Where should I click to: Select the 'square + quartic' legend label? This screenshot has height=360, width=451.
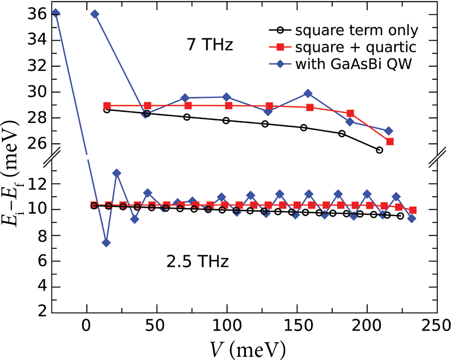(x=355, y=47)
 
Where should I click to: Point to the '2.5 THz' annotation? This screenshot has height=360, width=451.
(x=197, y=262)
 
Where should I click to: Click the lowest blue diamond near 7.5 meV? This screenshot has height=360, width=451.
(x=106, y=242)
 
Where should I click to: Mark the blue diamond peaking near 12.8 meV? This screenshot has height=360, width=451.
(x=117, y=173)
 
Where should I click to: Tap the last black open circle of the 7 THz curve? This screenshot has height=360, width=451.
(x=379, y=150)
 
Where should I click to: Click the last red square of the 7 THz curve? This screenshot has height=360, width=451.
(x=390, y=141)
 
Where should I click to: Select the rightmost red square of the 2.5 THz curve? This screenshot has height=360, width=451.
(x=413, y=210)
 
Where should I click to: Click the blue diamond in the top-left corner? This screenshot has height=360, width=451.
(x=56, y=13)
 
